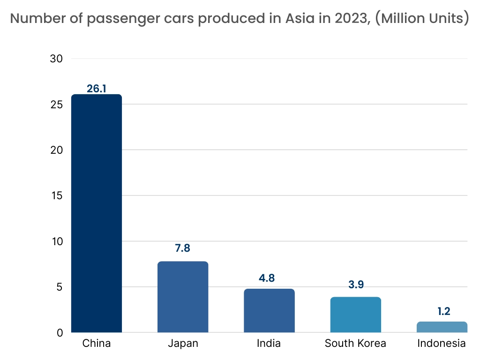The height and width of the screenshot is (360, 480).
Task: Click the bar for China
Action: point(97,213)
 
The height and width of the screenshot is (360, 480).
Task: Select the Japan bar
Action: point(183,297)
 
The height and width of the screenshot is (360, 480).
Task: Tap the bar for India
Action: point(269,310)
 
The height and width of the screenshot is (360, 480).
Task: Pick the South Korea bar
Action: point(355,315)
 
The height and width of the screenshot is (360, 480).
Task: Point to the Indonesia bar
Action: point(442,327)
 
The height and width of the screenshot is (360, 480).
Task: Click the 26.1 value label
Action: point(97,88)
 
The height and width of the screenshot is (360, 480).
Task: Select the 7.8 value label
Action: point(183,248)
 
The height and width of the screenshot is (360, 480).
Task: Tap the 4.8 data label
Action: point(269,277)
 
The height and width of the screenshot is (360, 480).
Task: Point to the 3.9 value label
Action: point(355,285)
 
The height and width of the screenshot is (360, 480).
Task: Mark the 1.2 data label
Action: point(442,311)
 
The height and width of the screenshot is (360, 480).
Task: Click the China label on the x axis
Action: point(97,343)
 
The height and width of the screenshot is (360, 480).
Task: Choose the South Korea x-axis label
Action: point(355,343)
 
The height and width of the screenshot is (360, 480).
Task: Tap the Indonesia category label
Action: point(442,343)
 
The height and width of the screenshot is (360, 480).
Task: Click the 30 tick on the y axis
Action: point(56,59)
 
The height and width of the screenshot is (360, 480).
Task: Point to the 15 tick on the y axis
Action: point(56,195)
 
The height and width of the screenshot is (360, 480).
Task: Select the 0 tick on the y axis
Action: point(60,333)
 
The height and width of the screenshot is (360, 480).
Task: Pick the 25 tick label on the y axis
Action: point(56,104)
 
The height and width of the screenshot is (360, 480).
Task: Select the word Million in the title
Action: point(406,19)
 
